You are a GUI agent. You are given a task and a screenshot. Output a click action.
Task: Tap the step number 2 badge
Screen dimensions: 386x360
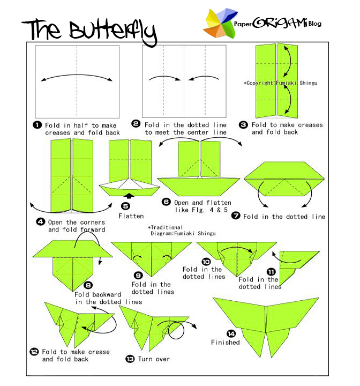point(136,125)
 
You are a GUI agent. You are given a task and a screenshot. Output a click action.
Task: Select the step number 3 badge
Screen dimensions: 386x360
point(243,125)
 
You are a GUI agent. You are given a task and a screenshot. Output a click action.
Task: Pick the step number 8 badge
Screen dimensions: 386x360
point(88,286)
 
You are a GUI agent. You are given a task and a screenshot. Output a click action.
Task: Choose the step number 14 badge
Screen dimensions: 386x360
point(216,333)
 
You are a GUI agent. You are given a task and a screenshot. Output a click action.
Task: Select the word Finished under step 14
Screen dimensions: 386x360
point(225,342)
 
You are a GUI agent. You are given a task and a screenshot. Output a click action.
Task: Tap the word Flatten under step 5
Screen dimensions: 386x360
point(131,216)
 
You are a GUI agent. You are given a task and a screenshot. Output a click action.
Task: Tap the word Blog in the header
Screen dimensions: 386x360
point(314,24)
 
